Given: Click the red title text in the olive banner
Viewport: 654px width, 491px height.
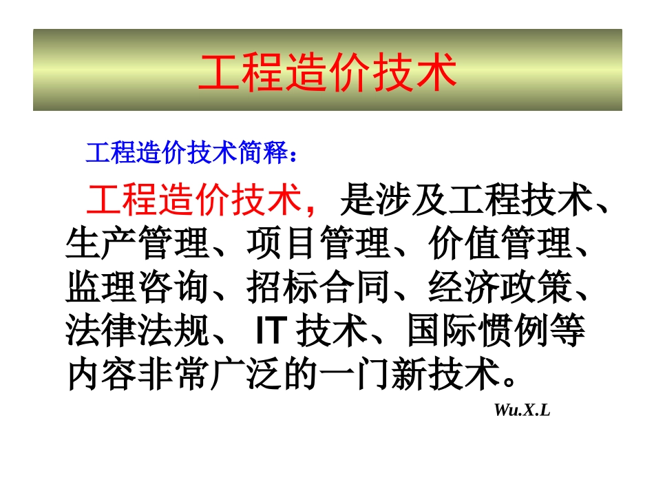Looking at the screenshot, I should coord(327,72).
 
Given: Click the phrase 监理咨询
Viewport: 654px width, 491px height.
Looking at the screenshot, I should coord(137,288).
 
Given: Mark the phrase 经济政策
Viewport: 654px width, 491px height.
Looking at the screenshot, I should coord(499,288).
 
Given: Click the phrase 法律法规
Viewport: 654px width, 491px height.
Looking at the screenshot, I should coord(137,332).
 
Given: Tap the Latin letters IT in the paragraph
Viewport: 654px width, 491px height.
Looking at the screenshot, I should coord(269,332).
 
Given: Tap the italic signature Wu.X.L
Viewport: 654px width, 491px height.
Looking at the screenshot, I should coord(522,410).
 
